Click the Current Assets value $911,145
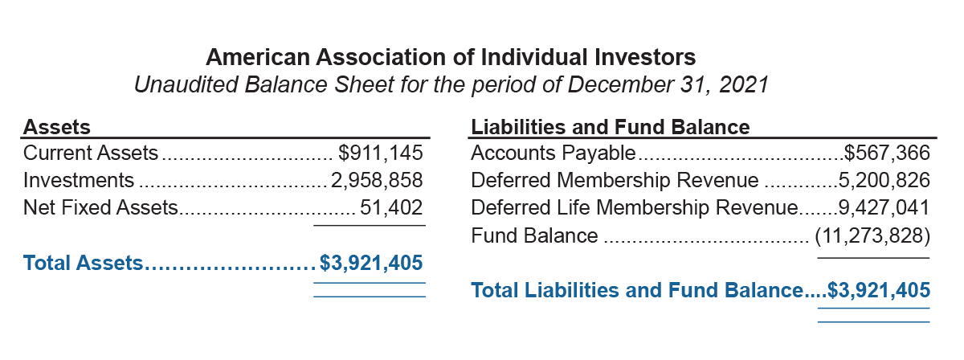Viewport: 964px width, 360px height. pos(380,153)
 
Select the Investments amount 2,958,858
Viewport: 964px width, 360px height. pos(377,180)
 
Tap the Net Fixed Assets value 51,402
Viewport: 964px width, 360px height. pos(390,207)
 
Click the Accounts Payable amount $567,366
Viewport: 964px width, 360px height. pos(887,153)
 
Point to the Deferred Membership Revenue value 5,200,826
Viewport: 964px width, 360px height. pos(884,180)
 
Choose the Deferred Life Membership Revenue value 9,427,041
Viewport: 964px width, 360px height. pos(884,207)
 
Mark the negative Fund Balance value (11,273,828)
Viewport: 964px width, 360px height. pos(872,235)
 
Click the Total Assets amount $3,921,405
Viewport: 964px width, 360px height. pos(371,262)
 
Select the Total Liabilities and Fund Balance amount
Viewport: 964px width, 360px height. pos(879,290)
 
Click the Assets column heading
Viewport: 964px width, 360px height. pos(57,126)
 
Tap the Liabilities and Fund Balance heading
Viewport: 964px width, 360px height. pos(611,126)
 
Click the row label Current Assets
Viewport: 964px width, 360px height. pos(91,153)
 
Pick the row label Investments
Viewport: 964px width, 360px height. pos(79,180)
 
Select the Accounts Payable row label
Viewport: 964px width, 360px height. pos(553,153)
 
